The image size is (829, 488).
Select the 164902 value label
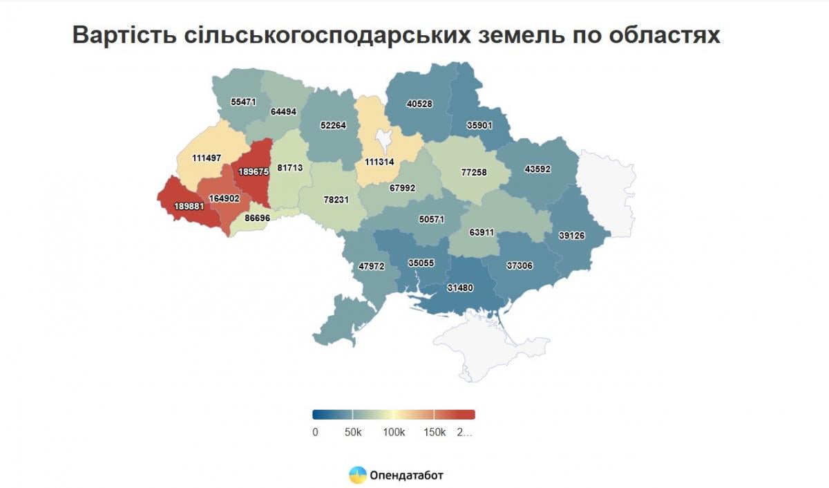tap(224, 198)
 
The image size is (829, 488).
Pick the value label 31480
tap(460, 288)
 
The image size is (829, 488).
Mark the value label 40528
tap(419, 104)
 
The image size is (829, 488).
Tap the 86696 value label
tap(258, 218)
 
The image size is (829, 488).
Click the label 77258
tap(474, 171)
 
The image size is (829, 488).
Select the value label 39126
tap(571, 236)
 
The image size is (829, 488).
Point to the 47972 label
tap(372, 265)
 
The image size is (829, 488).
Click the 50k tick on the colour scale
tap(353, 433)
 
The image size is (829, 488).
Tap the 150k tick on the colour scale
tap(434, 433)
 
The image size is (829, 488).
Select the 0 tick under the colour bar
tap(315, 433)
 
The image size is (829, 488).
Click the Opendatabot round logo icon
tap(358, 475)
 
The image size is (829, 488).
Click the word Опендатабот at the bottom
tap(407, 475)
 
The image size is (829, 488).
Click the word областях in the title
tap(664, 36)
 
